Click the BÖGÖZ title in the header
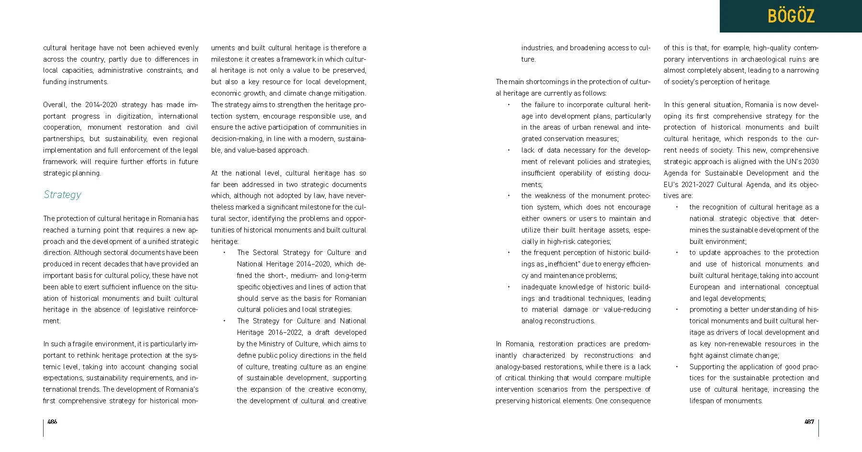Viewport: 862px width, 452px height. pyautogui.click(x=791, y=16)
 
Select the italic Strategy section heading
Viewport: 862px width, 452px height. pyautogui.click(x=62, y=195)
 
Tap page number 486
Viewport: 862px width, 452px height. pyautogui.click(x=52, y=421)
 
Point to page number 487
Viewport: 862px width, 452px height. pyautogui.click(x=809, y=421)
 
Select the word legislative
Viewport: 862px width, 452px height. pyautogui.click(x=140, y=309)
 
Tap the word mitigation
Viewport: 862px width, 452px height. pyautogui.click(x=350, y=93)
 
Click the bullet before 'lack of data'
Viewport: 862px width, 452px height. pyautogui.click(x=509, y=150)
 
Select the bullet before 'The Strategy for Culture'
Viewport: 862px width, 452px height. pyautogui.click(x=224, y=321)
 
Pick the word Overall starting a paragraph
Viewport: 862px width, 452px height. pyautogui.click(x=55, y=105)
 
